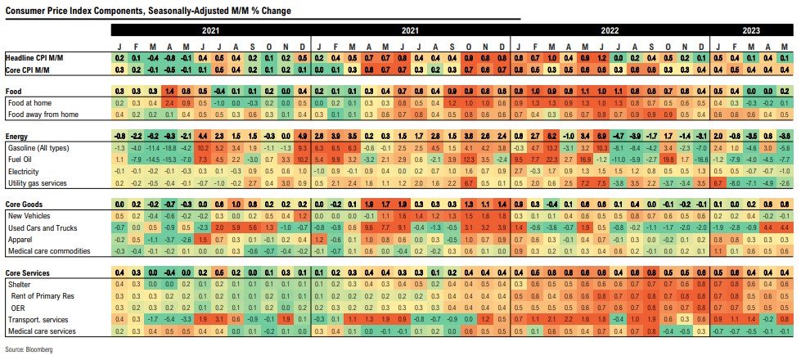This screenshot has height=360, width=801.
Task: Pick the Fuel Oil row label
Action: (21, 159)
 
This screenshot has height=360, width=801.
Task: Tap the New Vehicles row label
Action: (29, 215)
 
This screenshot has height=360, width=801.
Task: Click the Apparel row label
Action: (20, 238)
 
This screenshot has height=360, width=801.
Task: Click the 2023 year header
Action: (751, 30)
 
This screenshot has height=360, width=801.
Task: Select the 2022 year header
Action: (610, 30)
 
